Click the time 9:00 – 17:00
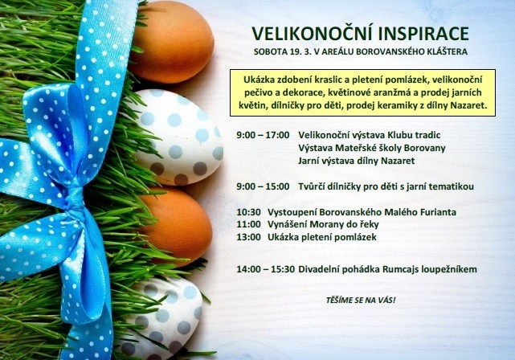(263, 135)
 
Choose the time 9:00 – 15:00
(263, 186)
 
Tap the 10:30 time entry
(248, 212)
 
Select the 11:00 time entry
(248, 224)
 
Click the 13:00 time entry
(248, 237)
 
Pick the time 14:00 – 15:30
(266, 269)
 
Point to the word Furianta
(438, 212)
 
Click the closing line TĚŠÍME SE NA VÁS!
(361, 300)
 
